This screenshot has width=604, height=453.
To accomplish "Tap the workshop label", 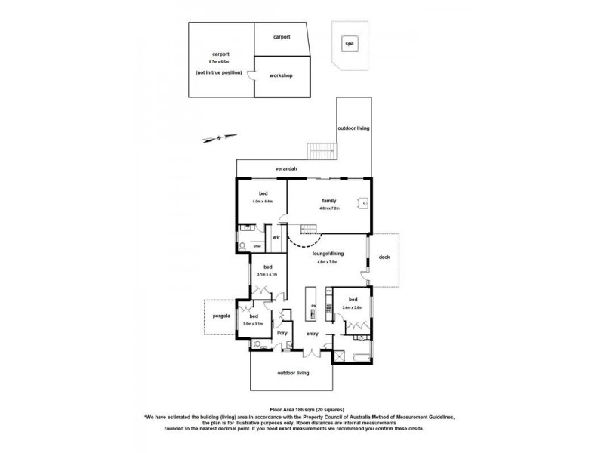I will tap(281, 76).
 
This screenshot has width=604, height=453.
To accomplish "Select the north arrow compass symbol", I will tap(214, 137).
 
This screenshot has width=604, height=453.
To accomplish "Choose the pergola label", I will tap(220, 317).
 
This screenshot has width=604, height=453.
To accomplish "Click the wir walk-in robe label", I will tap(276, 237).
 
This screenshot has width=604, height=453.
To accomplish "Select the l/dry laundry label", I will tap(282, 333).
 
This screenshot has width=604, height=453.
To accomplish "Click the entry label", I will tap(312, 334).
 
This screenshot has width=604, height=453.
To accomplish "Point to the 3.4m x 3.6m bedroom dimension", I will tap(353, 307).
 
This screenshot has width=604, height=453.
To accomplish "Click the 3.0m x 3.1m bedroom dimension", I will tap(253, 324).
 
